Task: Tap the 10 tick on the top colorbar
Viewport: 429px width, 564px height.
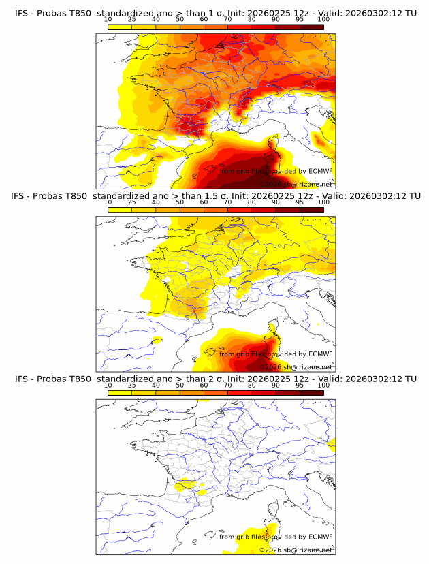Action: (x=108, y=20)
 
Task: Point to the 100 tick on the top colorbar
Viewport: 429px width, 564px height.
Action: (x=323, y=20)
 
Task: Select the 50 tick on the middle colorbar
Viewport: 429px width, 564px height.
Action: (x=180, y=202)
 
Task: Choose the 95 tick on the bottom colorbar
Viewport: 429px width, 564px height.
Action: (x=300, y=386)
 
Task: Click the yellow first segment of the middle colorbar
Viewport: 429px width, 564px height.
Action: (x=120, y=210)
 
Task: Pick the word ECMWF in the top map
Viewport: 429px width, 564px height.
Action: (x=319, y=171)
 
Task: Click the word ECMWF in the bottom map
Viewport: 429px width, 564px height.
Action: (x=319, y=537)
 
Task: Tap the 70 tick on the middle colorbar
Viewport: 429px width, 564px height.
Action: (x=227, y=202)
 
